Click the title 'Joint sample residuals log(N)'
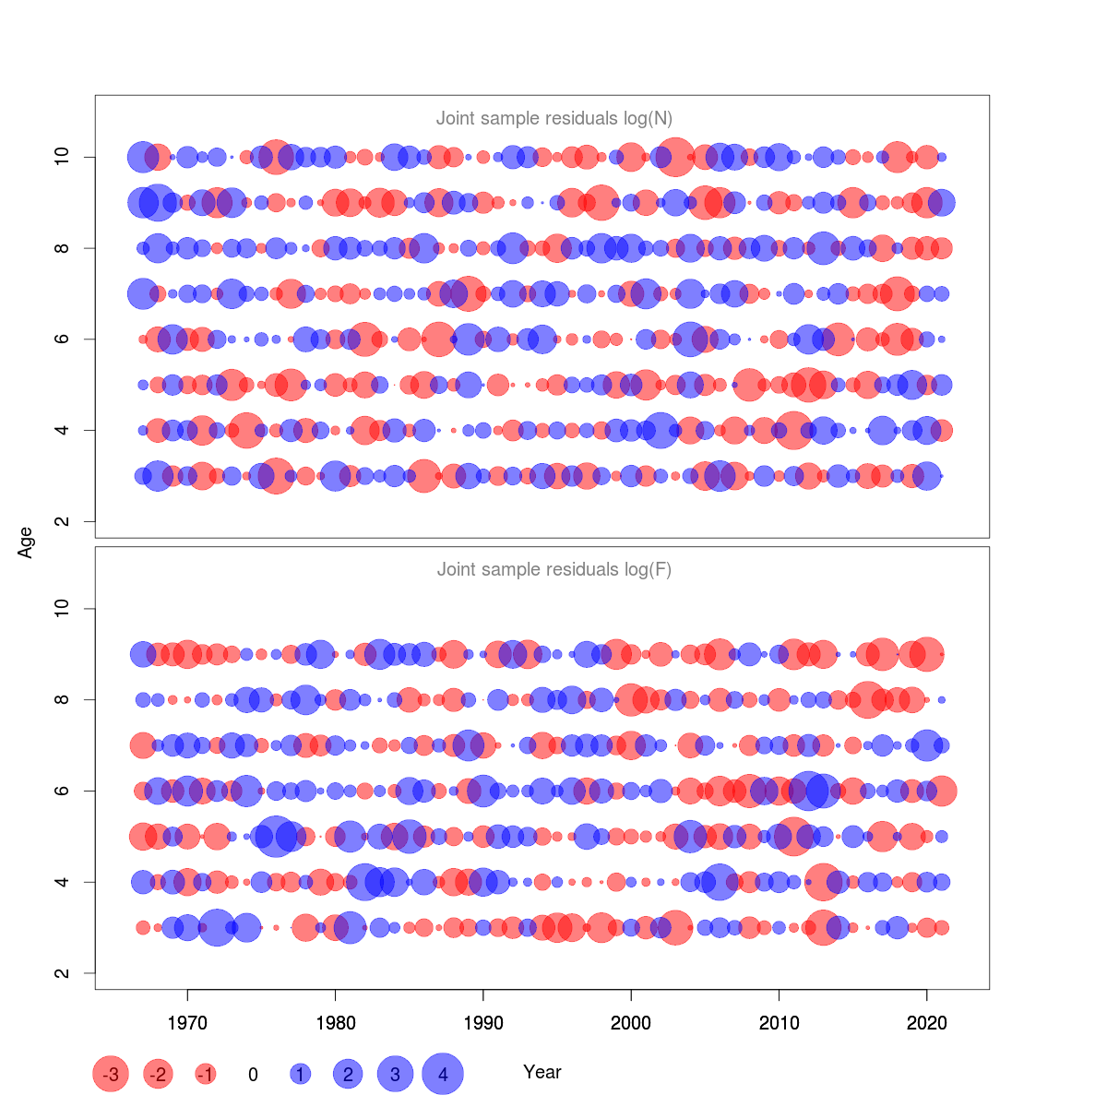coord(553,118)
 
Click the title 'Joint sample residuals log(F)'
coord(553,569)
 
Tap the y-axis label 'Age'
coord(26,542)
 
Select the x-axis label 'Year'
coord(542,1072)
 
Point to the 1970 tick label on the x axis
coord(187,1023)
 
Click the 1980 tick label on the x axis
coord(335,1023)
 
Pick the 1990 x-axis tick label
coord(483,1023)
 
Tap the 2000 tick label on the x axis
coord(631,1023)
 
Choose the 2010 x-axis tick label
coord(780,1023)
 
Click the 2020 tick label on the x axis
coord(927,1023)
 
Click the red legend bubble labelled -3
coord(111,1074)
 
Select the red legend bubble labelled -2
coord(159,1074)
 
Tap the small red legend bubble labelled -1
coord(206,1074)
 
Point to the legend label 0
coord(253,1075)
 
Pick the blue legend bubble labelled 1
coord(300,1074)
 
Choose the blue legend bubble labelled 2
coord(348,1074)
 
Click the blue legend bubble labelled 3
coord(395,1074)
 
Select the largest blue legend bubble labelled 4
coord(443,1074)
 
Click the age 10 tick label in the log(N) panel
coord(62,157)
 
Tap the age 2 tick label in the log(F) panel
coord(62,973)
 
